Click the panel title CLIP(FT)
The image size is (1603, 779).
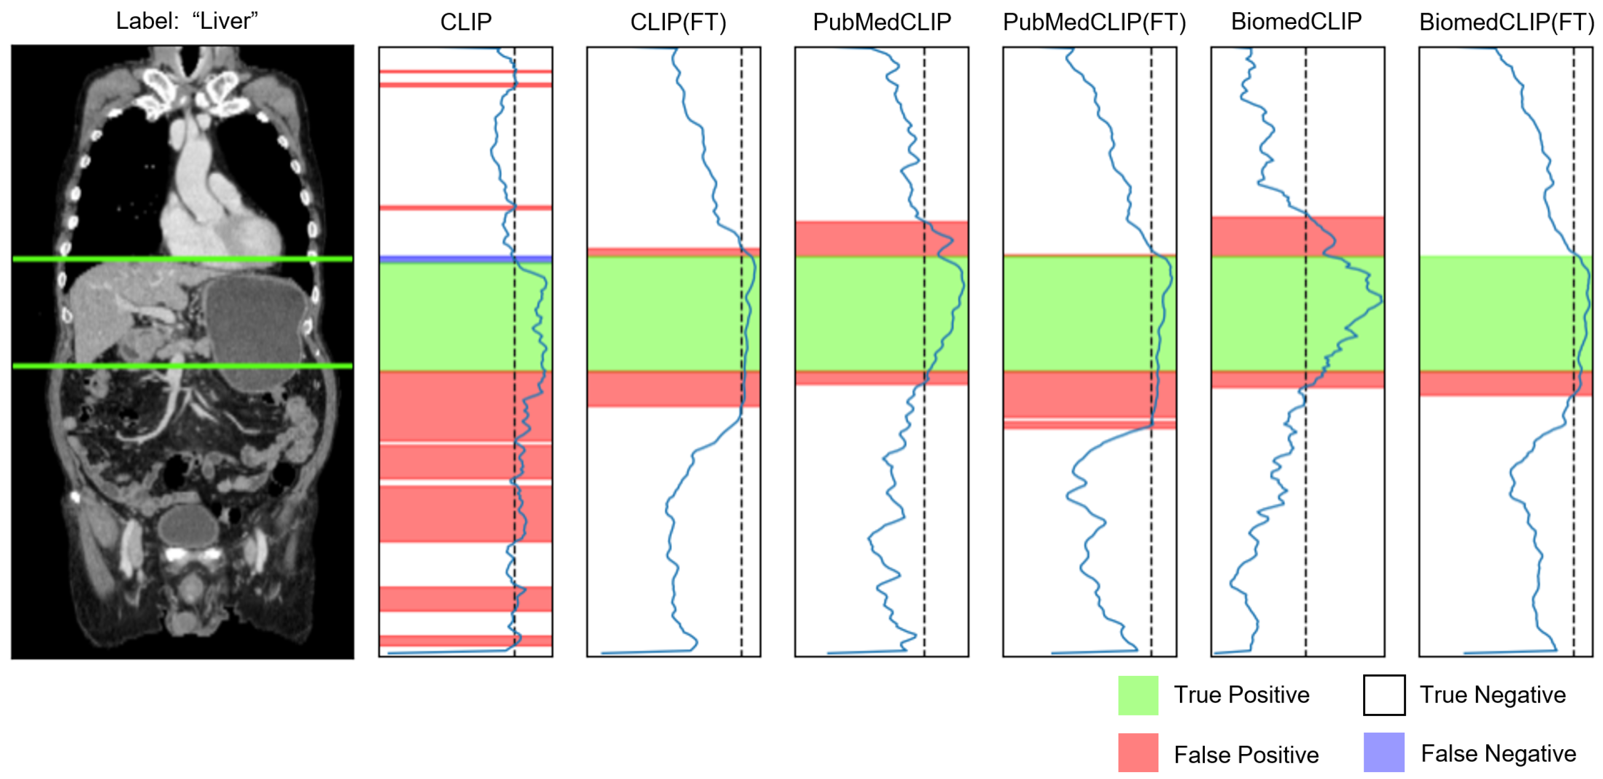click(x=678, y=22)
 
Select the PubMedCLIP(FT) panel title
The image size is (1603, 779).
click(x=1094, y=22)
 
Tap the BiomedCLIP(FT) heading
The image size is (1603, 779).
click(x=1506, y=22)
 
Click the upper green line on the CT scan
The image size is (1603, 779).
click(x=182, y=258)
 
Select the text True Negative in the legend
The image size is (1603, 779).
click(x=1492, y=694)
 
